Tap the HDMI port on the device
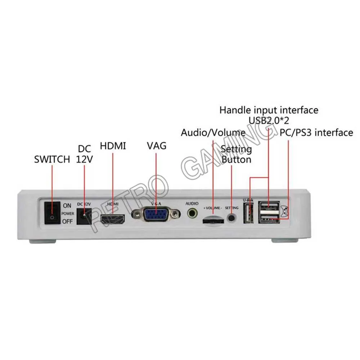pos(112,218)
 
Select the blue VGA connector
pos(156,215)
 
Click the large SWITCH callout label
pos(52,159)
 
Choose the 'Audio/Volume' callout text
pos(213,132)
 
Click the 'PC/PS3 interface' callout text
pos(316,132)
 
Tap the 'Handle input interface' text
pos(269,110)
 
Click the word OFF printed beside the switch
pos(67,221)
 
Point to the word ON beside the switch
pos(67,206)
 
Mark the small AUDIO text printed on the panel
pos(192,203)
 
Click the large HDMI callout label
pos(113,146)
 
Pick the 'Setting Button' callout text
pos(236,154)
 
